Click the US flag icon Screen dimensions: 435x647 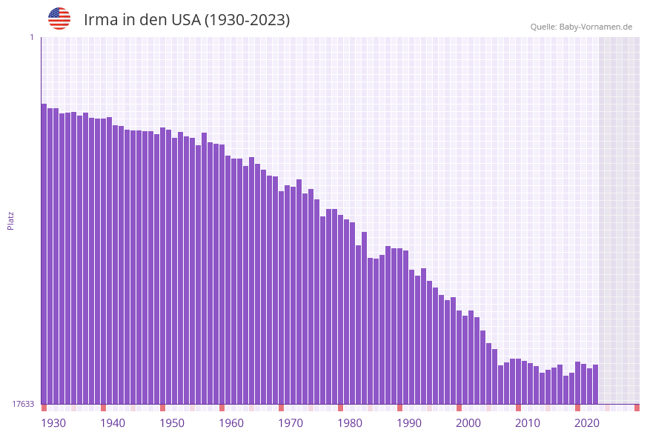pyautogui.click(x=59, y=19)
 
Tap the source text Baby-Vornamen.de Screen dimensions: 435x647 pyautogui.click(x=581, y=27)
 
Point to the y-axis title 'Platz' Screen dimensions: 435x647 pyautogui.click(x=11, y=220)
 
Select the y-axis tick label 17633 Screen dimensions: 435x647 pyautogui.click(x=23, y=404)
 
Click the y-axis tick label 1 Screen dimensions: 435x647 pyautogui.click(x=31, y=37)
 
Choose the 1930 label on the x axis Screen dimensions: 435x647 pyautogui.click(x=53, y=423)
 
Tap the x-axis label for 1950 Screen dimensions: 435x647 pyautogui.click(x=172, y=423)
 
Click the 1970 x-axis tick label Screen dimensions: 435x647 pyautogui.click(x=291, y=423)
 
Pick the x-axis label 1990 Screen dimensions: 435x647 pyautogui.click(x=409, y=423)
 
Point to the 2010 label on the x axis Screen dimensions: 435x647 pyautogui.click(x=528, y=423)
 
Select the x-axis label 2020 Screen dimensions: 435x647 pyautogui.click(x=587, y=423)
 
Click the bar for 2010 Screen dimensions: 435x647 pyautogui.click(x=518, y=381)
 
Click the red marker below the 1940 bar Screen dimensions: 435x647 pyautogui.click(x=103, y=408)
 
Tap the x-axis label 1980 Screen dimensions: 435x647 pyautogui.click(x=350, y=423)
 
